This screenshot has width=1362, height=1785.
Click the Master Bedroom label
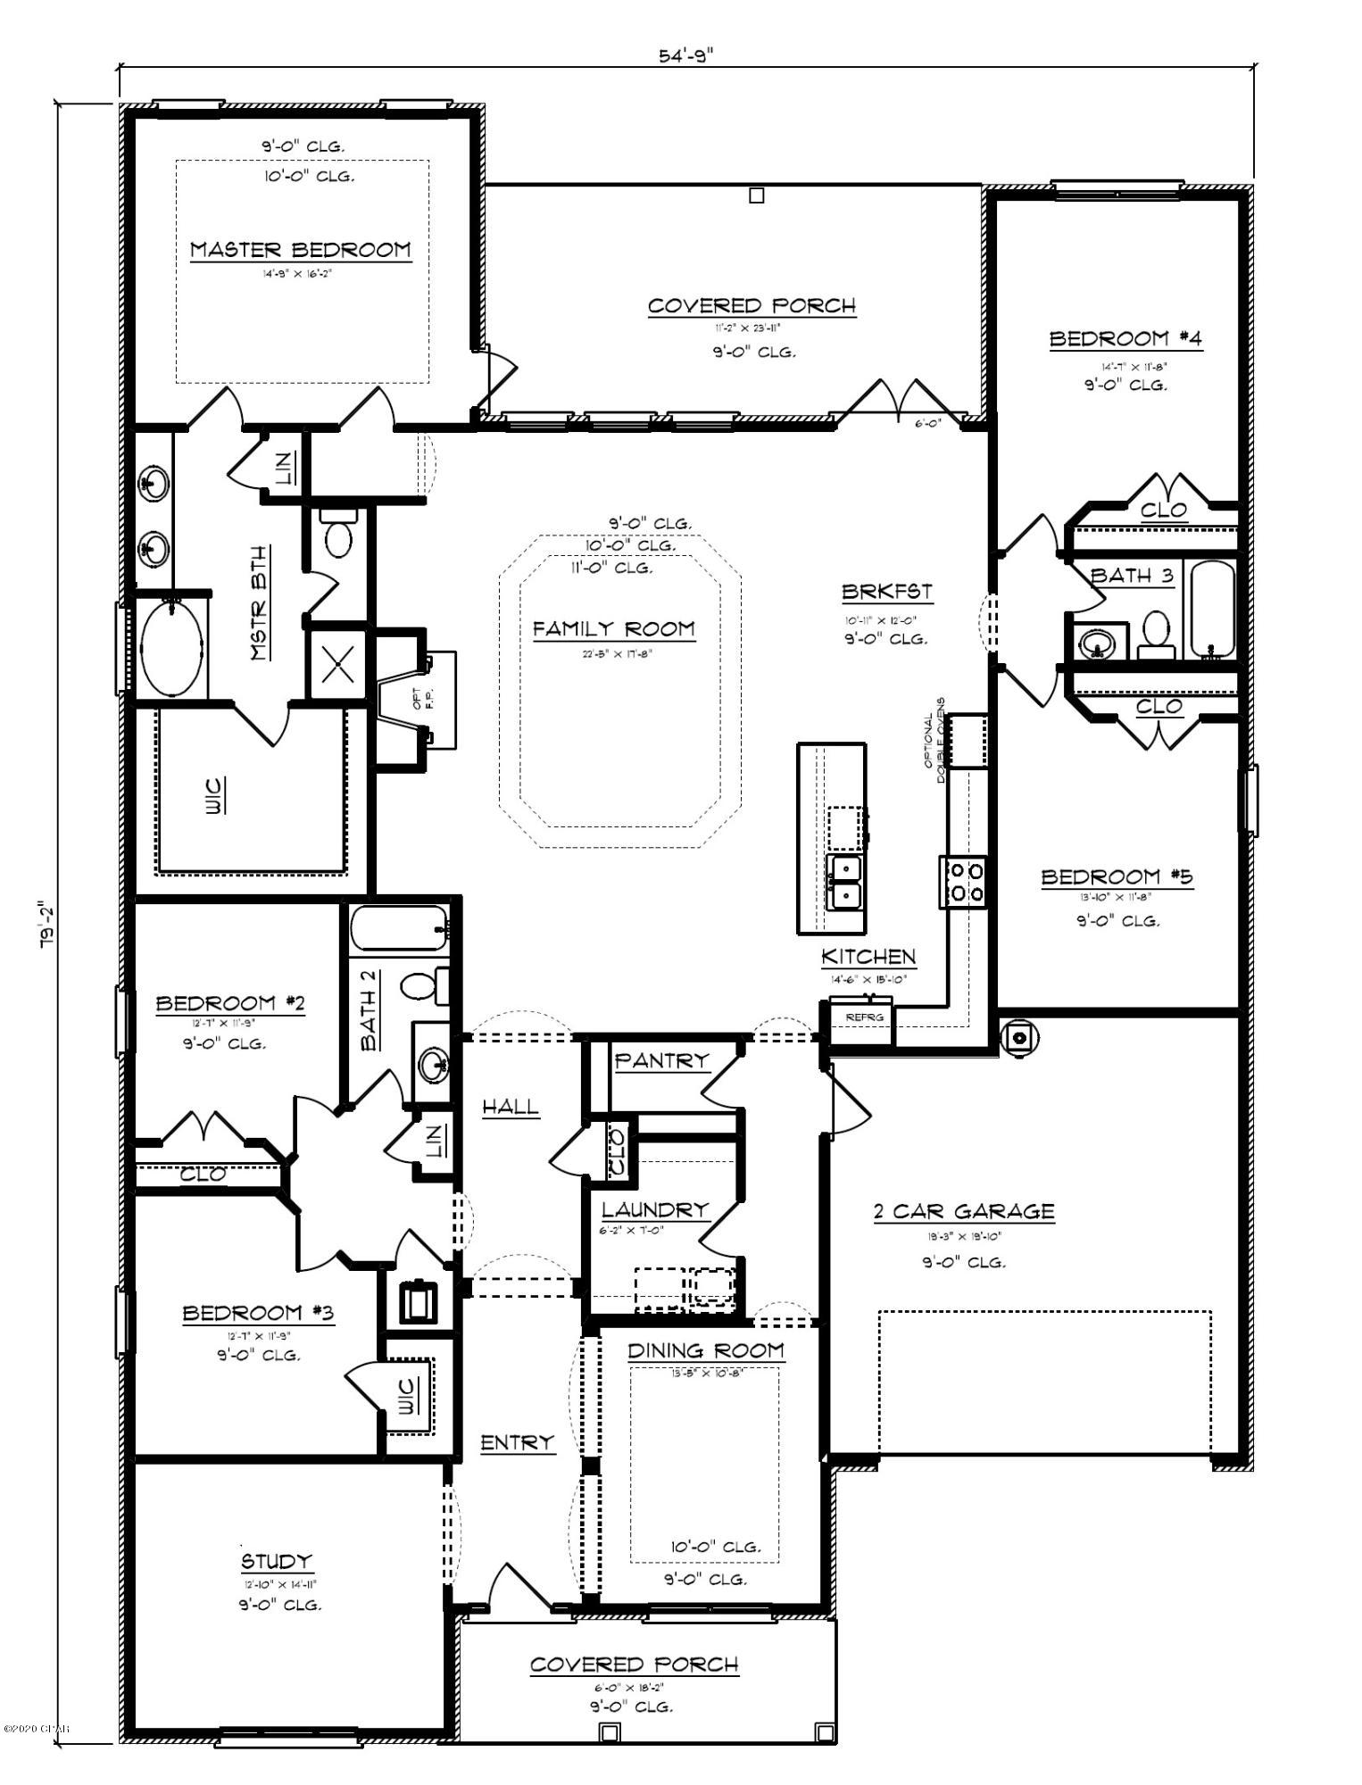click(301, 250)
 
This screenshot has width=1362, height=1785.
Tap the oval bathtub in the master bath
click(172, 648)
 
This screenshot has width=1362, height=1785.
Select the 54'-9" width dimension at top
click(686, 56)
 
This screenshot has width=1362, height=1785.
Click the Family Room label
click(614, 629)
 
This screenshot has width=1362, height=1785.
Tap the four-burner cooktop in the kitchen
click(964, 881)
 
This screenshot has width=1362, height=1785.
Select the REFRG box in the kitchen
click(862, 1017)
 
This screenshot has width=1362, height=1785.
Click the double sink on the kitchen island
click(844, 881)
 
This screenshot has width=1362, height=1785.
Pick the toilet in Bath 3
click(1157, 633)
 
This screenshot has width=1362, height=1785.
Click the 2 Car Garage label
click(963, 1212)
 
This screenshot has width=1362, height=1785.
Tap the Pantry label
click(661, 1060)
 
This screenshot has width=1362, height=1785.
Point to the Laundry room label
click(654, 1210)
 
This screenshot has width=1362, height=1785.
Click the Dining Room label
click(706, 1351)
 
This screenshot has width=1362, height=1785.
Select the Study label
click(277, 1561)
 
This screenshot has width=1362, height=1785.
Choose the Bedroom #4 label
click(1125, 339)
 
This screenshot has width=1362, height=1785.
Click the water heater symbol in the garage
click(1018, 1037)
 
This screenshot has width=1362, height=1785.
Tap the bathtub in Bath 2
click(398, 929)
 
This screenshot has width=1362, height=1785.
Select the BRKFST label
click(886, 592)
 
